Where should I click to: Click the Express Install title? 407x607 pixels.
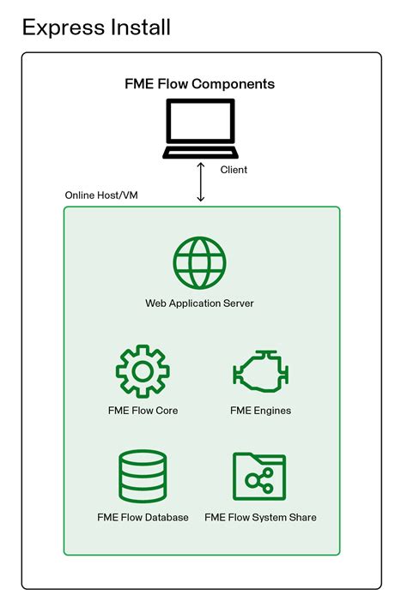click(96, 27)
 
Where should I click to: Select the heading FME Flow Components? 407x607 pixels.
click(200, 84)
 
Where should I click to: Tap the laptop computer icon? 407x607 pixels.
click(200, 129)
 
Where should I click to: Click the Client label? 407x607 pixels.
click(234, 170)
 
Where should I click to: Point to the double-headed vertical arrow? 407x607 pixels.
click(201, 182)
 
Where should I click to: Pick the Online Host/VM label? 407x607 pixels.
click(101, 195)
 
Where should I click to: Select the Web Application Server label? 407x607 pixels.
click(199, 303)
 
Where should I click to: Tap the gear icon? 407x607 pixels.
click(143, 372)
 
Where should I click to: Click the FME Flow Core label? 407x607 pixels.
click(143, 411)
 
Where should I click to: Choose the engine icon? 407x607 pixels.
click(260, 372)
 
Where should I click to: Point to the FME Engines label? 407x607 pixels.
click(260, 411)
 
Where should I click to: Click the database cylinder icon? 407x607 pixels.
click(143, 478)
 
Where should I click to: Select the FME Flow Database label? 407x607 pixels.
click(143, 518)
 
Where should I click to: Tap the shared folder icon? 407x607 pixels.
click(259, 478)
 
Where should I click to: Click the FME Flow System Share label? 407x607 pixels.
click(260, 518)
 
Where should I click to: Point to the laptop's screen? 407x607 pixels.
click(200, 123)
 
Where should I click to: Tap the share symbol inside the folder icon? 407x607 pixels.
click(258, 483)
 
